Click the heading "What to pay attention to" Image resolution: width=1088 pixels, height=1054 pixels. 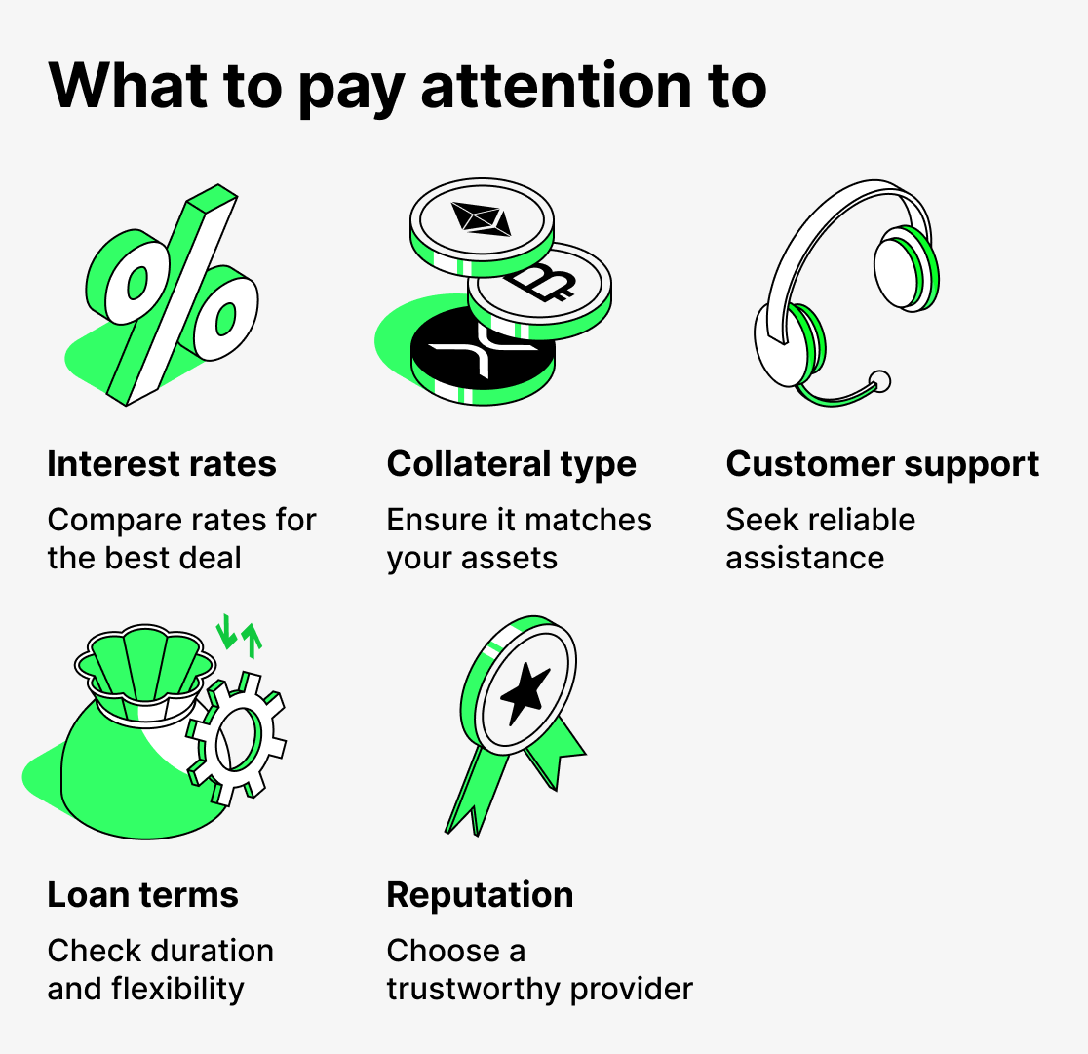coord(407,87)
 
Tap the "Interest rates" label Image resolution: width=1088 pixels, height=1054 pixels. coord(162,464)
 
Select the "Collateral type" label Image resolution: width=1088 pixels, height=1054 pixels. coord(511,464)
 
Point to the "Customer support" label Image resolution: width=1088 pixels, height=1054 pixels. coord(882,464)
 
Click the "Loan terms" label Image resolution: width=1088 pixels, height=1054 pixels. coord(142,895)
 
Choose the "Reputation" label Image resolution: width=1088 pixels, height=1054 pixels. coord(480,895)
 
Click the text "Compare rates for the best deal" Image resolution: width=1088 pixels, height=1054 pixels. coord(181,539)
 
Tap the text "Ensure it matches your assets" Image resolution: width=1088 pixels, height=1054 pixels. coord(519,539)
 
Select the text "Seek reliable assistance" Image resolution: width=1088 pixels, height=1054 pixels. coord(820,539)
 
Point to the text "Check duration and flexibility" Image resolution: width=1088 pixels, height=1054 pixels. coord(160,969)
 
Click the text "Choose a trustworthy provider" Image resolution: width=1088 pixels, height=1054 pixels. coord(539,969)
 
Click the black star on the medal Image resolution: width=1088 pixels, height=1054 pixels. coord(525,690)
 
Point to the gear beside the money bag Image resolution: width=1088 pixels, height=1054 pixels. coord(236,737)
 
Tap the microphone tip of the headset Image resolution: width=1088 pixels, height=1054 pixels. coord(879,380)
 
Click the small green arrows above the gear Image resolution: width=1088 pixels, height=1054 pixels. coord(239,633)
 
